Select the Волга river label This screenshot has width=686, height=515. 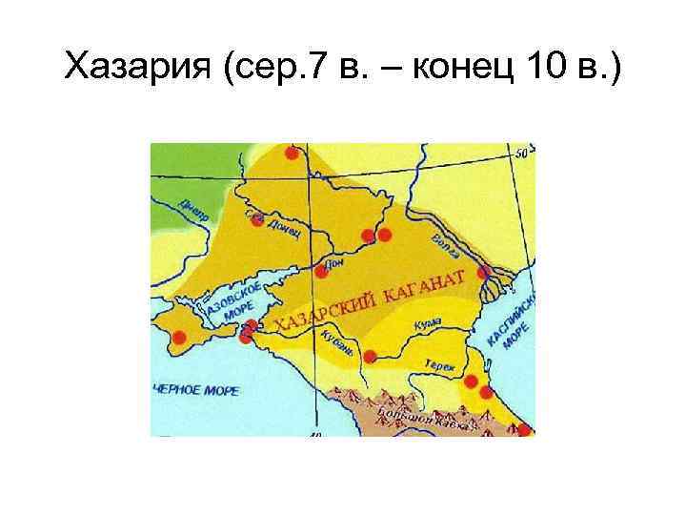point(445,245)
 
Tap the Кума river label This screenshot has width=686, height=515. point(428,325)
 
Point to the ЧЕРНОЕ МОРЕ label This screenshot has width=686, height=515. point(195,389)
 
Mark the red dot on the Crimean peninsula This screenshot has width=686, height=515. point(178,337)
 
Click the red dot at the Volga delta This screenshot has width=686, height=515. point(484,273)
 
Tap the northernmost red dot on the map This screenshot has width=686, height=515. point(292,153)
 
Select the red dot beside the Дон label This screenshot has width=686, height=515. point(321,271)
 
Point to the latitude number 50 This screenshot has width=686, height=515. point(521,154)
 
